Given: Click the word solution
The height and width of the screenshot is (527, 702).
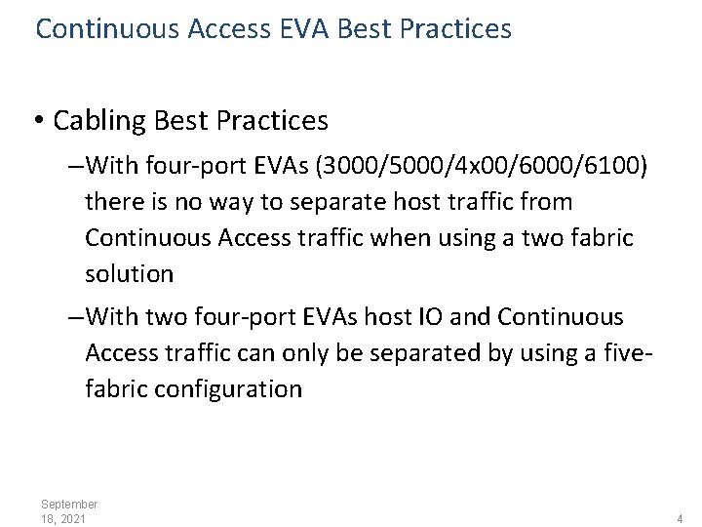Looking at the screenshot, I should tap(129, 274).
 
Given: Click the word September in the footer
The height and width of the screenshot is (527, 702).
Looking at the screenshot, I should tap(69, 504).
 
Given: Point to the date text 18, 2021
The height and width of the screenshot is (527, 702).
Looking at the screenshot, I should tap(63, 518).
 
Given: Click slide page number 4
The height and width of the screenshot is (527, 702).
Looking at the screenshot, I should tap(680, 518).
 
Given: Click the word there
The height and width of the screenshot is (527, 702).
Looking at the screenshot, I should tap(115, 202).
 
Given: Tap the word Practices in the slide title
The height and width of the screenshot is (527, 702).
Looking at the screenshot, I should tap(455, 28).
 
